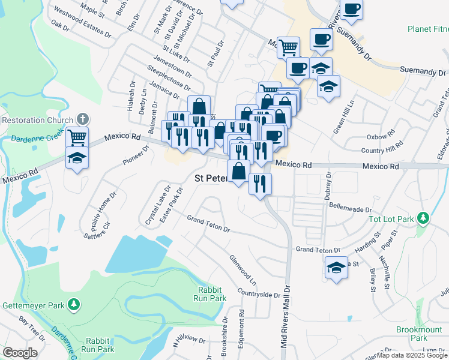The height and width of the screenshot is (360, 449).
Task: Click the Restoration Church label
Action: point(37,119)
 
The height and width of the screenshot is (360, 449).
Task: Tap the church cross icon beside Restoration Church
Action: point(82,119)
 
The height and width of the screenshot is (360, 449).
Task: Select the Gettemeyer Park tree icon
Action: point(73,305)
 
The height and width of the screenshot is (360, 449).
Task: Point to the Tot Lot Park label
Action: point(393,218)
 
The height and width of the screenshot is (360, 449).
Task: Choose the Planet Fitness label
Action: point(427,28)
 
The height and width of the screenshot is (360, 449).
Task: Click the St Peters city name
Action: point(209,178)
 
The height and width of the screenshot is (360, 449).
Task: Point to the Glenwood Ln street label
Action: point(243,269)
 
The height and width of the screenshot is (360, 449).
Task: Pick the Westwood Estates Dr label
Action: point(82,22)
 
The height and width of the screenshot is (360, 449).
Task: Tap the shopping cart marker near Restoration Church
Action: point(77,137)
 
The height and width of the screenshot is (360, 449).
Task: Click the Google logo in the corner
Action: point(20,352)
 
